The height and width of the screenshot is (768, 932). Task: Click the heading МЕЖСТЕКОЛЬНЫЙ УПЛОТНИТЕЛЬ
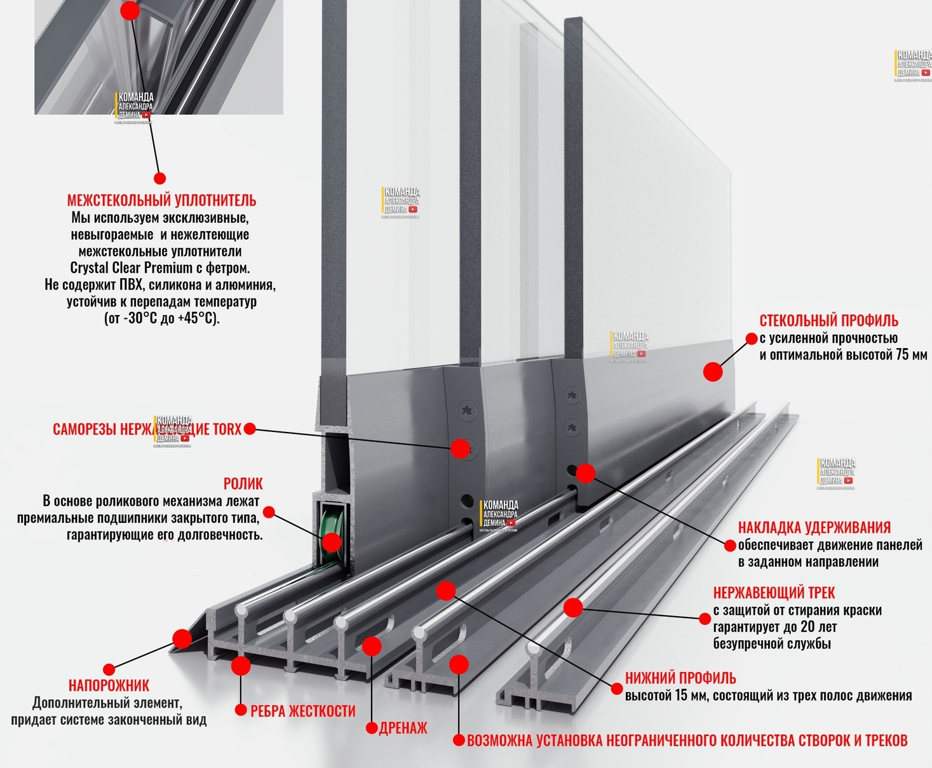pos(161,201)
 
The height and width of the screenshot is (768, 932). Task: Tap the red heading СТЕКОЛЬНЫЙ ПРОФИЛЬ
pos(828,320)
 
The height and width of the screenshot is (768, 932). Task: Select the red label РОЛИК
pos(243,483)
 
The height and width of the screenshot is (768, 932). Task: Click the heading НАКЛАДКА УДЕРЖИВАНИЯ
pos(814,527)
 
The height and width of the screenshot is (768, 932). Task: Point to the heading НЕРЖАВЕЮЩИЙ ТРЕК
pos(774,593)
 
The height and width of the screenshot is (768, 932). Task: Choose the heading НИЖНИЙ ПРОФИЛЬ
pos(680,678)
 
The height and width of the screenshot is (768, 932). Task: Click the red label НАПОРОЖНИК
pos(109,685)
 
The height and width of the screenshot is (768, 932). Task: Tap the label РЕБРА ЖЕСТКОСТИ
pos(302,711)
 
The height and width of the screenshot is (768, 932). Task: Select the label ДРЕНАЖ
pos(403,728)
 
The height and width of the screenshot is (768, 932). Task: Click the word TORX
pos(227,429)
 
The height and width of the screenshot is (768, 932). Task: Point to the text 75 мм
pos(911,354)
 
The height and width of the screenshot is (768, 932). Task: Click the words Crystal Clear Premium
pos(131,267)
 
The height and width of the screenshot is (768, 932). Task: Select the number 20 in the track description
pos(807,627)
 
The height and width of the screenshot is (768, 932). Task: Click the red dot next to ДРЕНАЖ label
pos(372,728)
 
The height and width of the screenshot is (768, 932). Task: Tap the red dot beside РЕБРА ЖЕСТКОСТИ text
pos(240,710)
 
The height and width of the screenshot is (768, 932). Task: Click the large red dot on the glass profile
pos(713,372)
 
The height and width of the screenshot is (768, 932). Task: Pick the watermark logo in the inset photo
pos(135,107)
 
